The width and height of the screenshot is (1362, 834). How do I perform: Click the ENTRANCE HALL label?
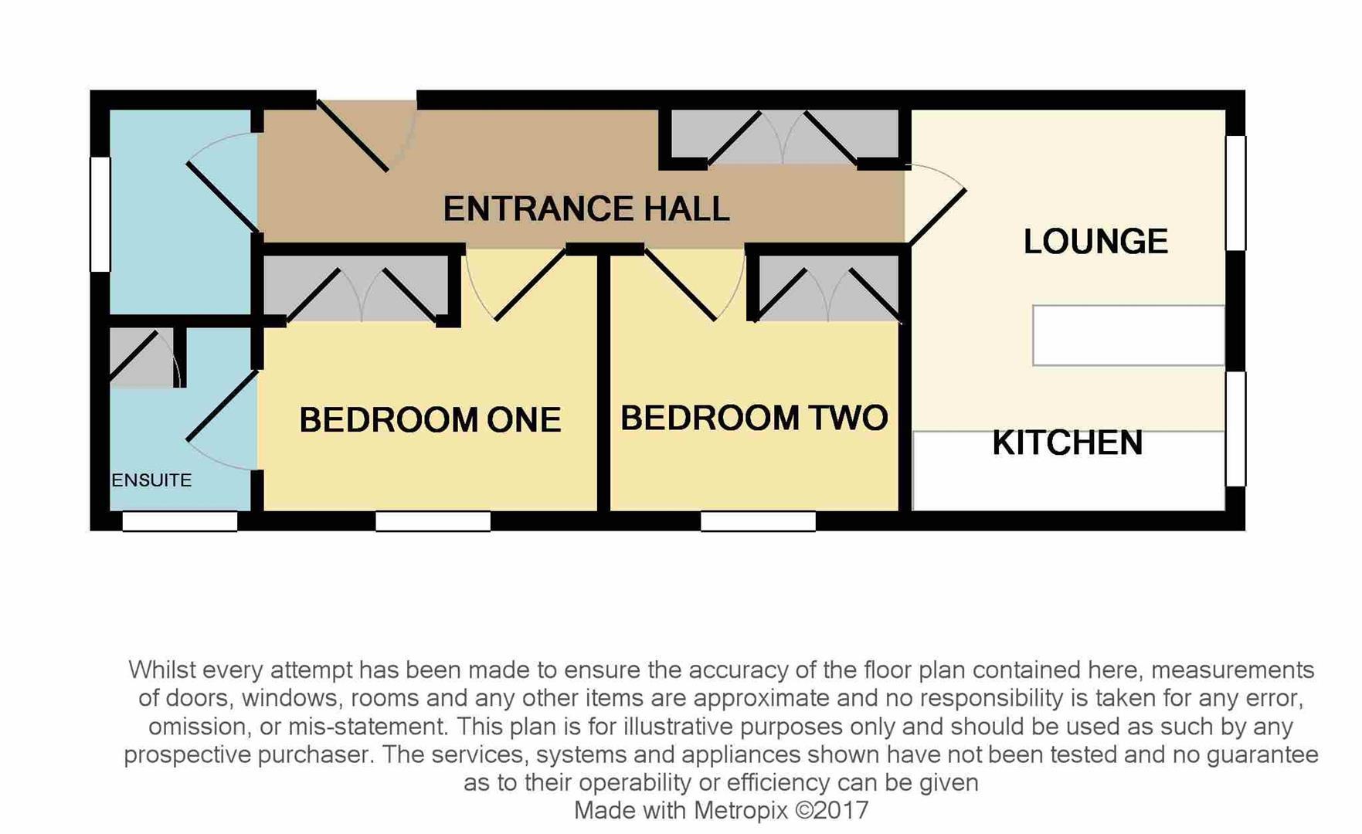pyautogui.click(x=586, y=209)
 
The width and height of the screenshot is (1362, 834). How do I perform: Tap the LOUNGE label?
pyautogui.click(x=1095, y=242)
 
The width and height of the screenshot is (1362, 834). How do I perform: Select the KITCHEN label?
pyautogui.click(x=1067, y=443)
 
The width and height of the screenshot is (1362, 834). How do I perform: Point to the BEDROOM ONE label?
pyautogui.click(x=430, y=420)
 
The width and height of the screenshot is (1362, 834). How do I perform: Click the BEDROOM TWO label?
pyautogui.click(x=754, y=418)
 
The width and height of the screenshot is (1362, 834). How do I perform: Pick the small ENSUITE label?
pyautogui.click(x=151, y=480)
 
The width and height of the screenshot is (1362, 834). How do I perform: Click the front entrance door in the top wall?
pyautogui.click(x=363, y=135)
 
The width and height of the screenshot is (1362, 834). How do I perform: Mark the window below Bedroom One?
pyautogui.click(x=433, y=522)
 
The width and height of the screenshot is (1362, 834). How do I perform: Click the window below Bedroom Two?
pyautogui.click(x=758, y=522)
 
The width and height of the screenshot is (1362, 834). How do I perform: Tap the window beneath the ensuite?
pyautogui.click(x=179, y=522)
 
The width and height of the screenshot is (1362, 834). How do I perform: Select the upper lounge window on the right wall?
pyautogui.click(x=1236, y=193)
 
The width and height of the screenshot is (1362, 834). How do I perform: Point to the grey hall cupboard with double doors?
pyautogui.click(x=783, y=137)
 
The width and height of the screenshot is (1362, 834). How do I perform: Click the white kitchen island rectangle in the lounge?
pyautogui.click(x=1128, y=335)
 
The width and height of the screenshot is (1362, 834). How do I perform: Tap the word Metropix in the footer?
pyautogui.click(x=740, y=811)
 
